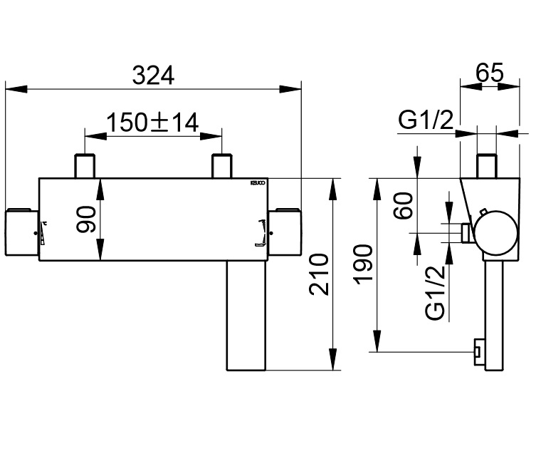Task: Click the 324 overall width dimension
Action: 152,76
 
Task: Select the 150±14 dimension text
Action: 152,123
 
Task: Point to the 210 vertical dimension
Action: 318,274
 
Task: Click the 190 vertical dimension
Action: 363,265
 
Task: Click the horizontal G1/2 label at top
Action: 426,121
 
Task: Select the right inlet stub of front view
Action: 222,166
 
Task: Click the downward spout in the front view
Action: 245,314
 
